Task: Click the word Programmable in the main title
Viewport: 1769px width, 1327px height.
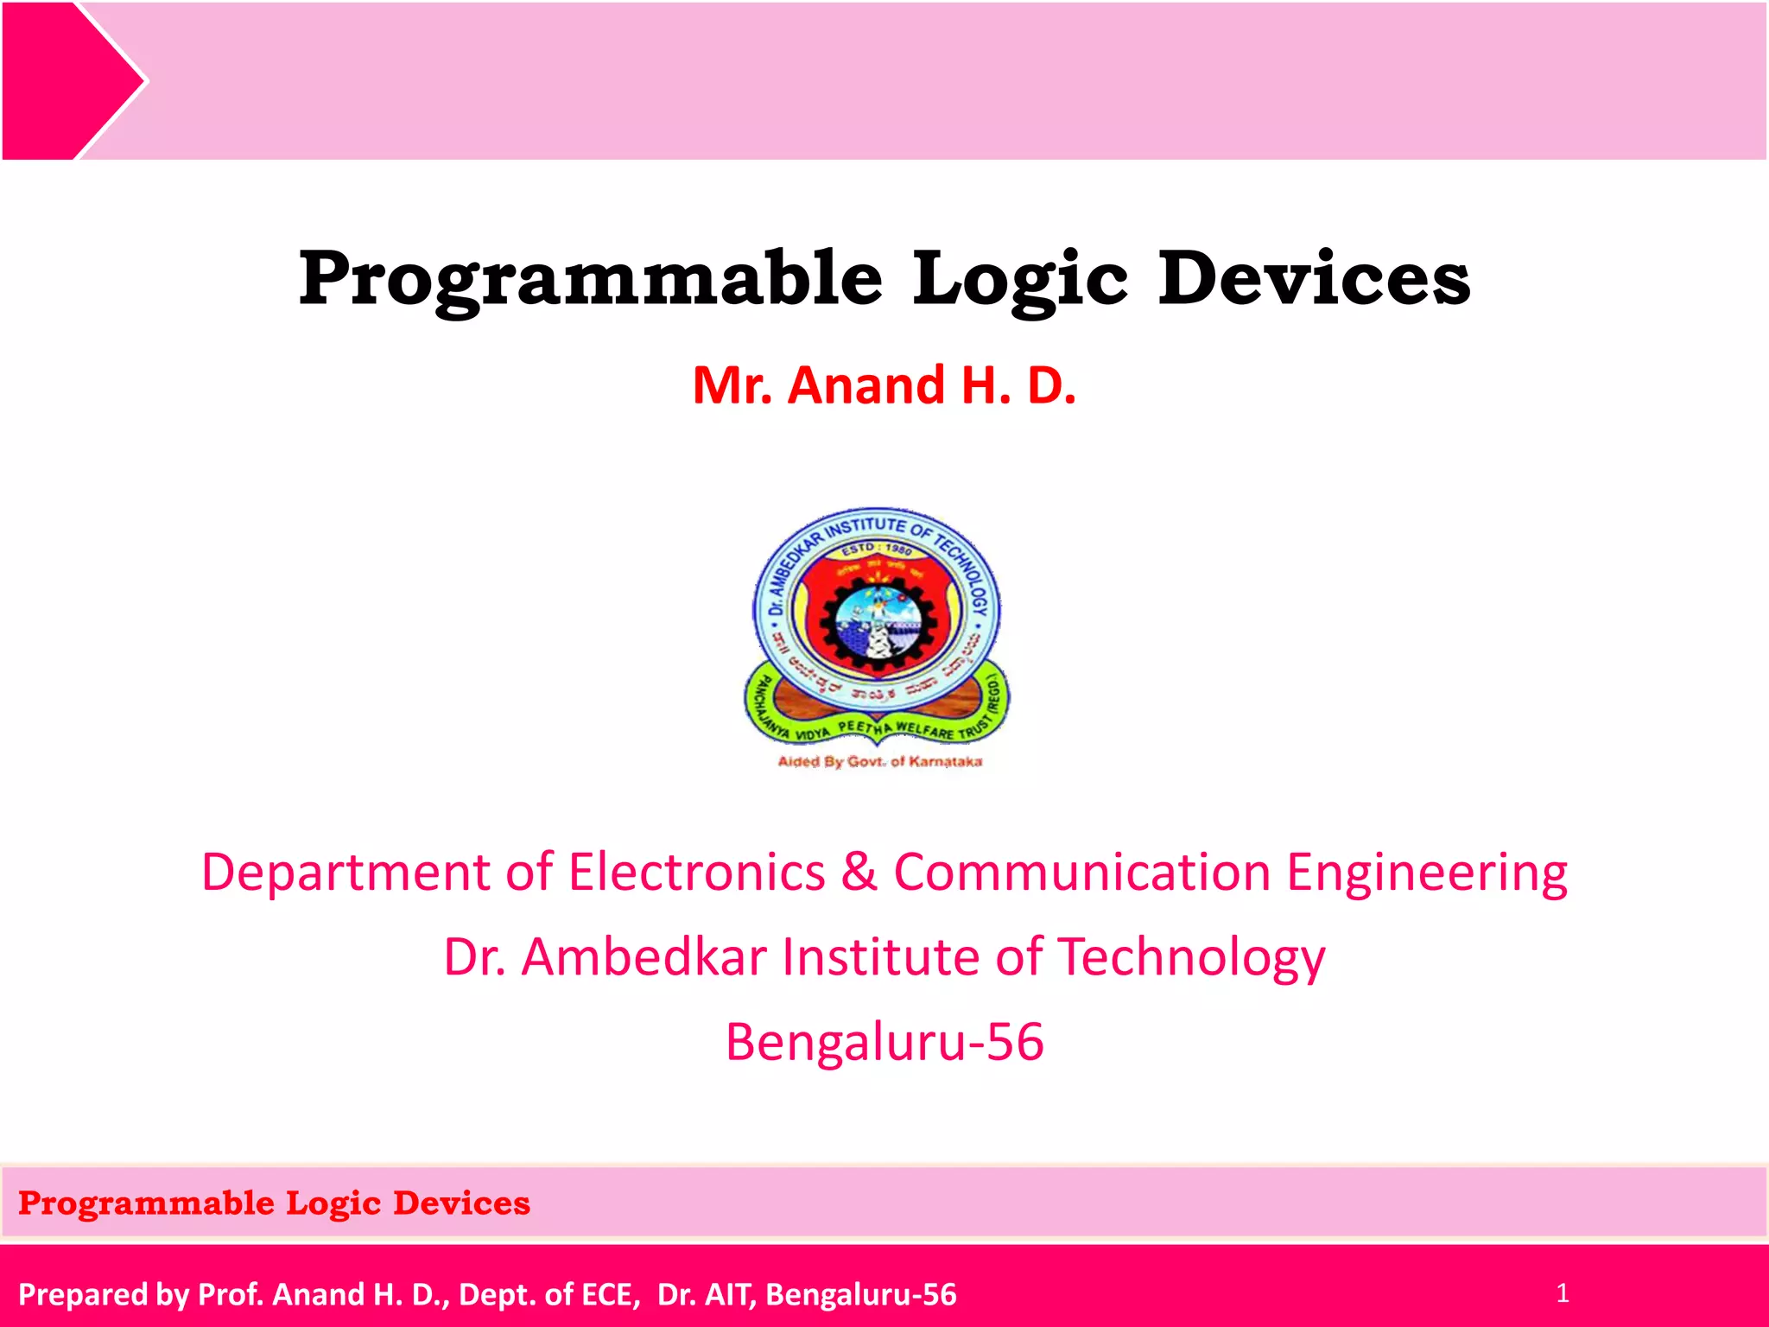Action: click(590, 278)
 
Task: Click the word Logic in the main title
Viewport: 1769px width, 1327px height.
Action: click(1020, 278)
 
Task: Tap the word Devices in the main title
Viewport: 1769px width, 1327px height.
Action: click(1313, 278)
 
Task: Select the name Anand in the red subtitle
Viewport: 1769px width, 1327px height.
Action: click(866, 385)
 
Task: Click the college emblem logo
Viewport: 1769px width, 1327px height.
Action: click(877, 626)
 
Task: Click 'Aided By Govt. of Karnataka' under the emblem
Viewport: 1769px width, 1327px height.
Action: click(879, 761)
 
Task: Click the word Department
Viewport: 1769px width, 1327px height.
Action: click(346, 872)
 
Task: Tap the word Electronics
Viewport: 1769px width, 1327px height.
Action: click(696, 872)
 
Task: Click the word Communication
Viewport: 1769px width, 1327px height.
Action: click(1081, 872)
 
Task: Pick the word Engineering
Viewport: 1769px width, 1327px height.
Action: click(1427, 873)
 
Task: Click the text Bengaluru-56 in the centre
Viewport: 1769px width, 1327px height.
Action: click(884, 1042)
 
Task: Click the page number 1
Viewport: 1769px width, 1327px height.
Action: click(1562, 1293)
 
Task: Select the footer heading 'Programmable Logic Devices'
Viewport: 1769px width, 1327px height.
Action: click(274, 1203)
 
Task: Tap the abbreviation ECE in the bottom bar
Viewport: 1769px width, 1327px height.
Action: click(610, 1294)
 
